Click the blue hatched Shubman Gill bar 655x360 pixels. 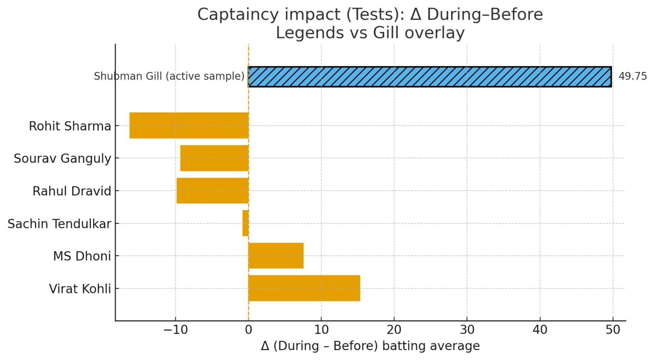[430, 76]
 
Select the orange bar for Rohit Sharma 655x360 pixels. [189, 125]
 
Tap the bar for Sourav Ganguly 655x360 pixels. [214, 158]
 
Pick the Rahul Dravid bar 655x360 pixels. [212, 191]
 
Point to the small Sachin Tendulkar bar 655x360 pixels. [245, 223]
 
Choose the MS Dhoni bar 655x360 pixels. [276, 256]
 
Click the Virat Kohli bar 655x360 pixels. [304, 288]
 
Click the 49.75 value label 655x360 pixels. [632, 76]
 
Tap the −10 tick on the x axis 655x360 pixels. [175, 330]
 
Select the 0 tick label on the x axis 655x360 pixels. [248, 330]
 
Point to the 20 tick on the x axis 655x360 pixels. [394, 330]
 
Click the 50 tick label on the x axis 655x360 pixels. [613, 330]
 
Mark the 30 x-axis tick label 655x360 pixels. [467, 330]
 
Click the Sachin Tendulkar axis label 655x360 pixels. [59, 224]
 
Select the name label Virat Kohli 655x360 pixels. [80, 289]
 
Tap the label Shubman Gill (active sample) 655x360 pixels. [169, 76]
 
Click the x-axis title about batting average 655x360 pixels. [370, 346]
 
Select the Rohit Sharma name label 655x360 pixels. [70, 126]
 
